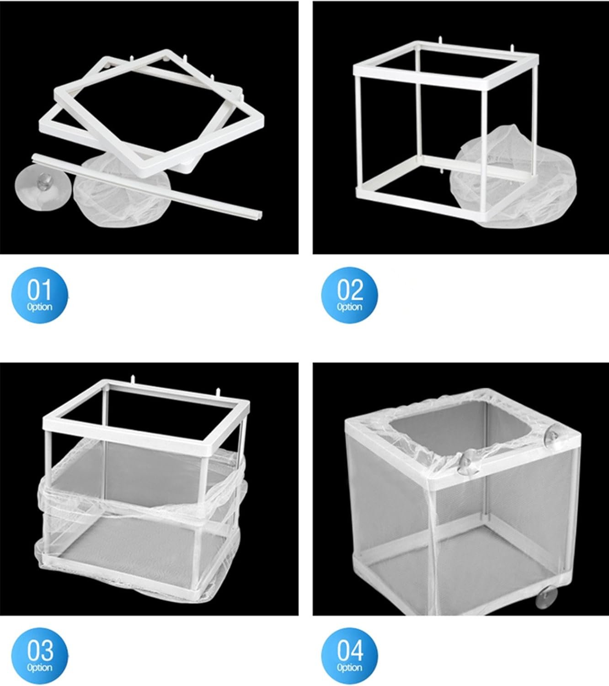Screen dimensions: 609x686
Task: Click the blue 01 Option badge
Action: [x=39, y=295]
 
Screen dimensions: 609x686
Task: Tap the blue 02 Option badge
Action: [x=349, y=295]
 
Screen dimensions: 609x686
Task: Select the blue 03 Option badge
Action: [x=39, y=656]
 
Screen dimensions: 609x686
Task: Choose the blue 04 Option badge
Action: [x=349, y=656]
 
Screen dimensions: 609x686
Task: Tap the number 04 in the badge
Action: [x=350, y=650]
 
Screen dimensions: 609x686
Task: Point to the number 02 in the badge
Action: [x=350, y=289]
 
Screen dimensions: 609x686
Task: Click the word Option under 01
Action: [x=39, y=307]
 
